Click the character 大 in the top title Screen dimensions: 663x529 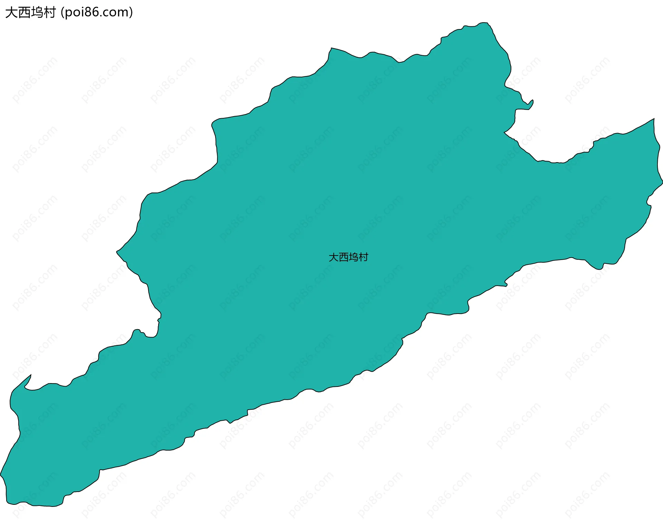(11, 12)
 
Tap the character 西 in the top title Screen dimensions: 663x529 (24, 12)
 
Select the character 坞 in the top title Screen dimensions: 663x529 (37, 12)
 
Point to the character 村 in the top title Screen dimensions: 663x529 (49, 12)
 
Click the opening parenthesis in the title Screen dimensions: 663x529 (62, 12)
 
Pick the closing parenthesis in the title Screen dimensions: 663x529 (131, 12)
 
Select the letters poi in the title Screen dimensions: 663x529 (75, 13)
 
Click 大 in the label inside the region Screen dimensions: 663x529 (334, 257)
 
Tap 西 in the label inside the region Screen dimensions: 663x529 (344, 257)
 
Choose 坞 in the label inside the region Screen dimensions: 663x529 (354, 257)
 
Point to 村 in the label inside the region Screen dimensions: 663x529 (364, 257)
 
